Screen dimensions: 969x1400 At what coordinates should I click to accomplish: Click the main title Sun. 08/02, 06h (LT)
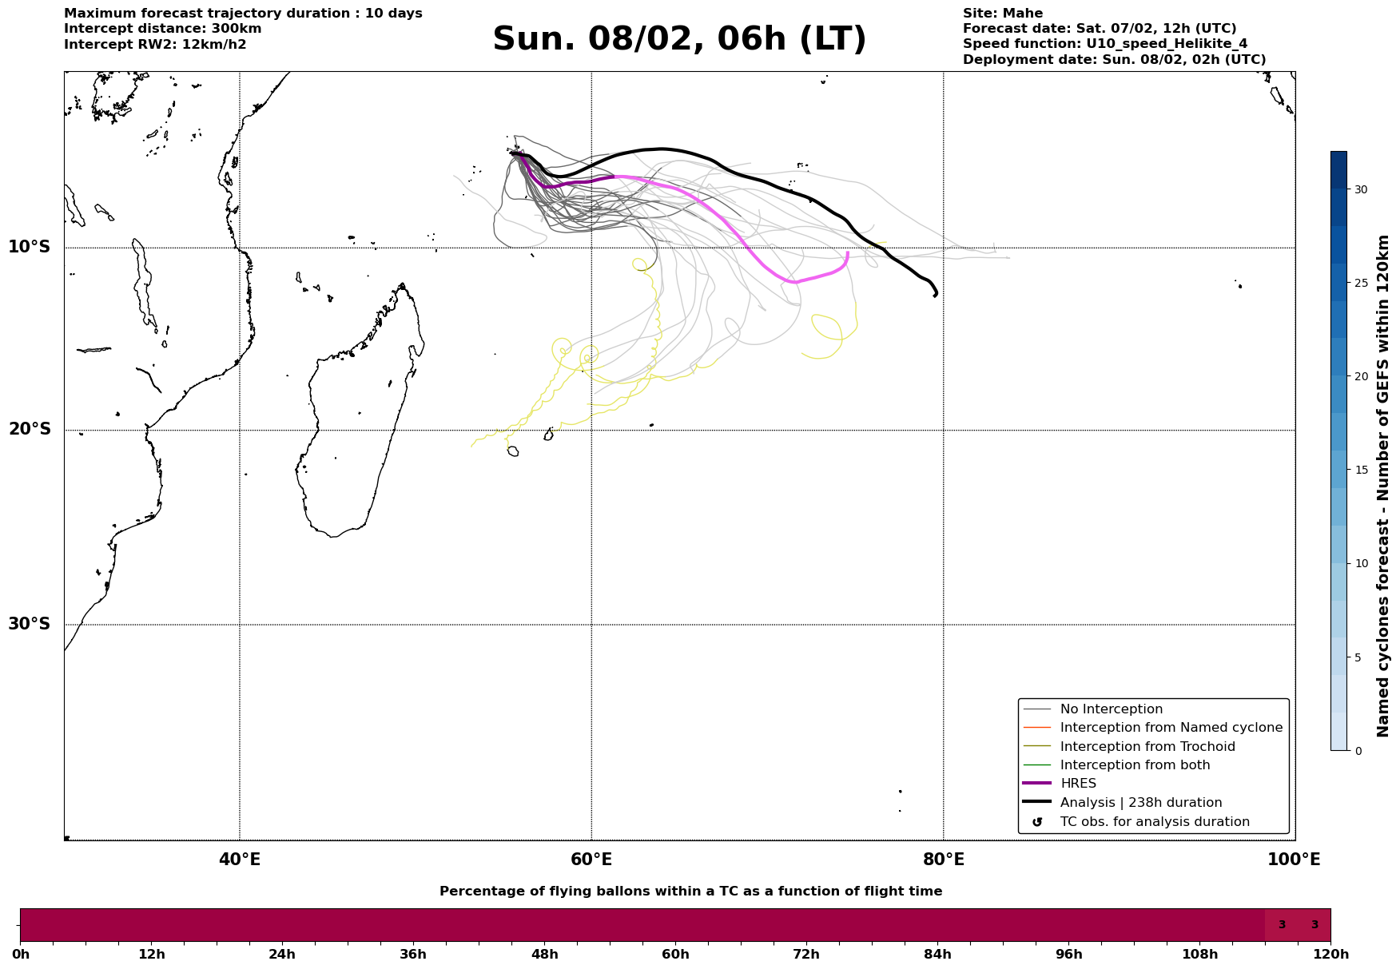point(679,39)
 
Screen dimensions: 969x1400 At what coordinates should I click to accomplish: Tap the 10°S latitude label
point(30,247)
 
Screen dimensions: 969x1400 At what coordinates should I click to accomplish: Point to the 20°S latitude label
point(30,430)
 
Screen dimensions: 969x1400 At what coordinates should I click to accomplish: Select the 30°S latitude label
point(30,624)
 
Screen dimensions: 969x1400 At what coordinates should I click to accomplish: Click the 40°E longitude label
point(240,860)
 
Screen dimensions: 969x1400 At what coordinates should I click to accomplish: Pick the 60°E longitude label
point(591,860)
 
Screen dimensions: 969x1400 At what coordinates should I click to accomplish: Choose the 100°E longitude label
point(1294,860)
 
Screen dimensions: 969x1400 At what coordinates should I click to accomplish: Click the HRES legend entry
point(1078,784)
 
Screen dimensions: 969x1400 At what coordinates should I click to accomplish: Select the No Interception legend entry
point(1111,709)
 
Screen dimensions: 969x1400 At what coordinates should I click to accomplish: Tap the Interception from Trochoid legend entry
point(1147,747)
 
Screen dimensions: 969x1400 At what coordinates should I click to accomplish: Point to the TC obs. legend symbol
point(1037,822)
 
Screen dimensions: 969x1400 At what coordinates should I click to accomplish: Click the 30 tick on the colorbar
point(1360,189)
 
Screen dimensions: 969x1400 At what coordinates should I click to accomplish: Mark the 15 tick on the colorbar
point(1360,470)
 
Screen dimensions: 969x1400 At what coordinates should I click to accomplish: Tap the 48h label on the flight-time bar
point(544,955)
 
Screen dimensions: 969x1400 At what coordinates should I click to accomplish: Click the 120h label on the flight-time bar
point(1330,955)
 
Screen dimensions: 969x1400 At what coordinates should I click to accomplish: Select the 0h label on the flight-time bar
point(21,955)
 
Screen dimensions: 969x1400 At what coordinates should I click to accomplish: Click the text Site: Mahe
point(1002,14)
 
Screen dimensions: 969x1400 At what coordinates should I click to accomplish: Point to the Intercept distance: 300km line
point(163,29)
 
